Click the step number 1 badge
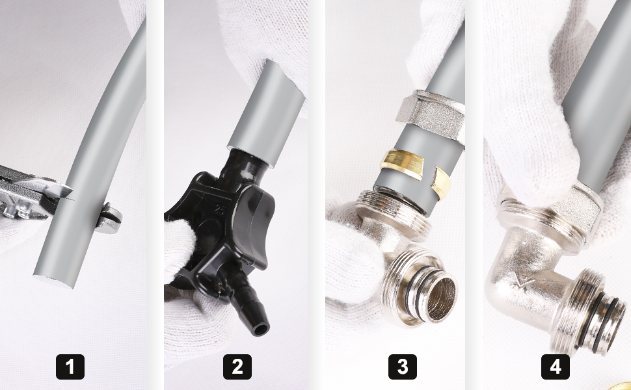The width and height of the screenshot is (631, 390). click(x=70, y=367)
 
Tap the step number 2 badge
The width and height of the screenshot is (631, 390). click(x=237, y=367)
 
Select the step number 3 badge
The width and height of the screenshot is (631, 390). click(x=403, y=367)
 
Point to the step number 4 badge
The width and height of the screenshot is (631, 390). click(x=556, y=367)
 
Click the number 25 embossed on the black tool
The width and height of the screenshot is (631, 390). click(x=219, y=211)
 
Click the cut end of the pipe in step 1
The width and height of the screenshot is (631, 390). click(x=53, y=281)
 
